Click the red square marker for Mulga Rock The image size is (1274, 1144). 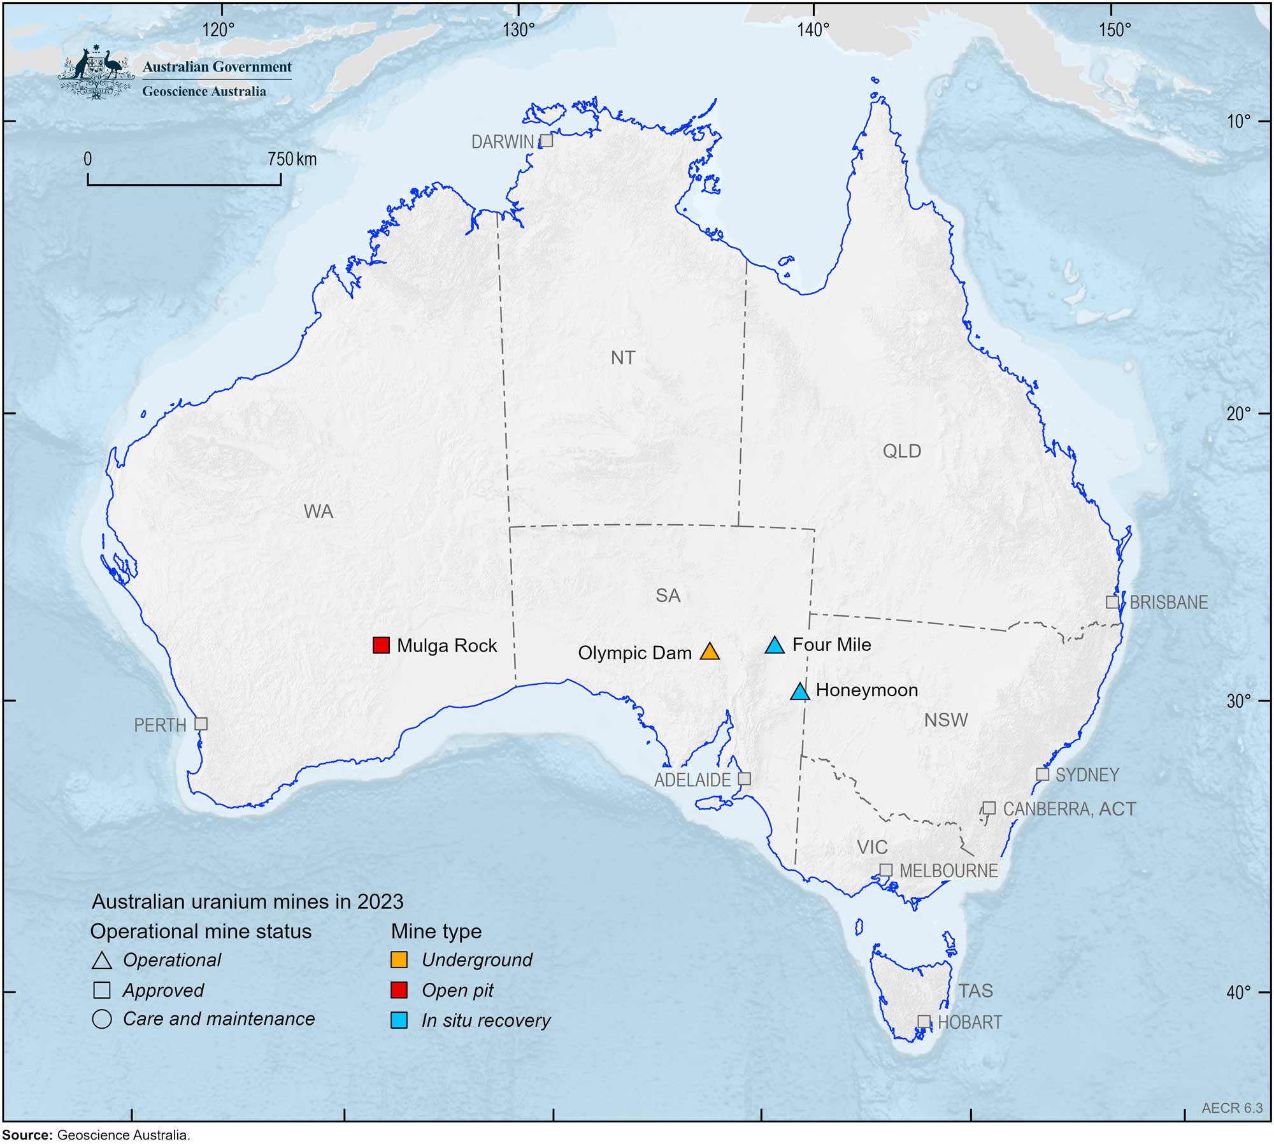[381, 645]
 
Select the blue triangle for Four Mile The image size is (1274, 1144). [775, 646]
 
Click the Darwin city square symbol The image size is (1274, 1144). [547, 141]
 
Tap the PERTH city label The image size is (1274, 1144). [160, 726]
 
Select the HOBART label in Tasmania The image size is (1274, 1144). [970, 1022]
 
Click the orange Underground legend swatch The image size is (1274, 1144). [399, 960]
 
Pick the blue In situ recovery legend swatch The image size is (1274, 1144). [399, 1020]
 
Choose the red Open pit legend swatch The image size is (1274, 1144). [399, 990]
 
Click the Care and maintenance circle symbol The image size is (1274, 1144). [102, 1019]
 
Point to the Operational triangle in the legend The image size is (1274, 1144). [102, 961]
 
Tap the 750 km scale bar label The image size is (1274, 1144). [292, 159]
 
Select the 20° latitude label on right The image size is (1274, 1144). [1238, 414]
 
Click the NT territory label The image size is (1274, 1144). [623, 358]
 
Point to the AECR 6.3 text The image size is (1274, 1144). [1231, 1108]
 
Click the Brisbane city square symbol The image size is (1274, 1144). [1112, 602]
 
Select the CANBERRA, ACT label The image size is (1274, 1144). [1069, 809]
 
